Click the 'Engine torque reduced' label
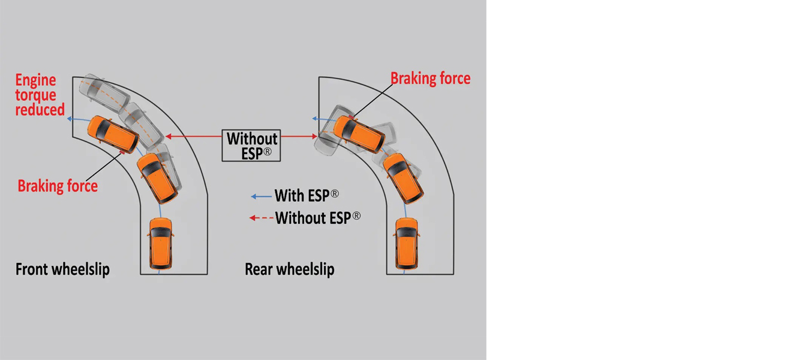[x=40, y=95]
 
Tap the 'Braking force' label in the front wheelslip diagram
[x=58, y=186]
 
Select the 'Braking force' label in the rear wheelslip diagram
[x=430, y=79]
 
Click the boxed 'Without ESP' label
[x=252, y=146]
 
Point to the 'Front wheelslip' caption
[x=62, y=269]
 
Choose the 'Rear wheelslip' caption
[x=289, y=269]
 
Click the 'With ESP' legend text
[x=307, y=196]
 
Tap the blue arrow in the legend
[x=261, y=196]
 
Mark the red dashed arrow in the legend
[x=261, y=218]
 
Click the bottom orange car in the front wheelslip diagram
[x=161, y=244]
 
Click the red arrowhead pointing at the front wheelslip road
[x=169, y=136]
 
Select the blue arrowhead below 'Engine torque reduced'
[x=70, y=119]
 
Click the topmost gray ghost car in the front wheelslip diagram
[x=107, y=92]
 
